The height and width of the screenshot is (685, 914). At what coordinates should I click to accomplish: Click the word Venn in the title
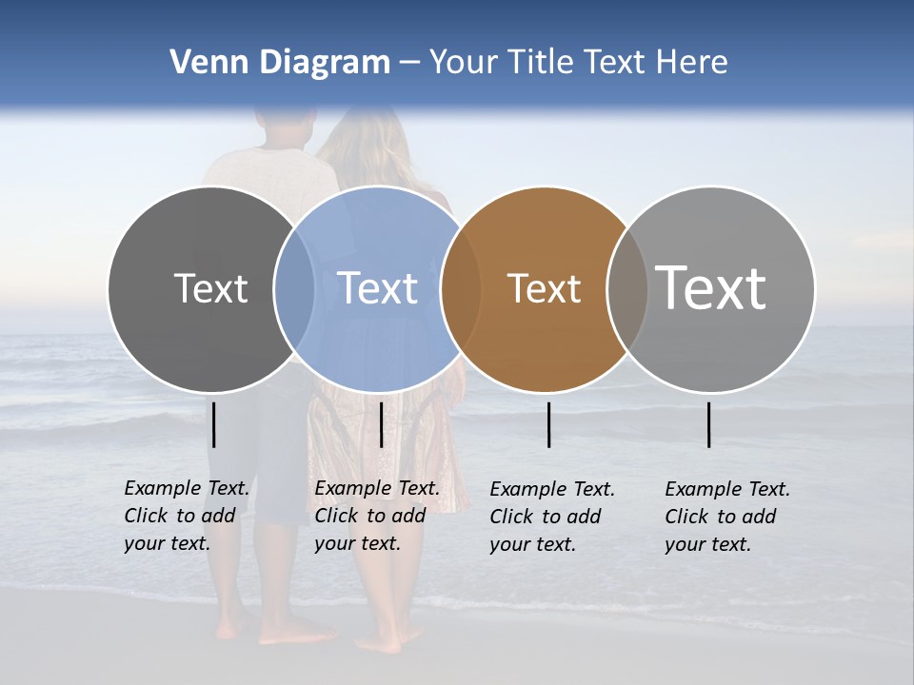tap(203, 63)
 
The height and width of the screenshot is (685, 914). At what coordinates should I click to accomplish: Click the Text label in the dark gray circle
tap(210, 288)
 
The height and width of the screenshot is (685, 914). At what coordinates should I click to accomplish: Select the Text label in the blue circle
tap(377, 288)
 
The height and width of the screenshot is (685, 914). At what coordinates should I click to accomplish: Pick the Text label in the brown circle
tap(544, 288)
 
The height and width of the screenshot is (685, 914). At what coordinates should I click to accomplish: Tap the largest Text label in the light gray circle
tap(711, 287)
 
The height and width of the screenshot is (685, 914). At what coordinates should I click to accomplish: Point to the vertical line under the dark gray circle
tap(214, 424)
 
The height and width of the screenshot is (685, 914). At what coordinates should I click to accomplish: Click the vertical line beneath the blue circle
tap(381, 424)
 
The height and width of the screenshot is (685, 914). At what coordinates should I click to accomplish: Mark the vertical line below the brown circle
tap(549, 424)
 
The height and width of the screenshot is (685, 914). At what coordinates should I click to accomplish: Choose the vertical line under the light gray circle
tap(709, 424)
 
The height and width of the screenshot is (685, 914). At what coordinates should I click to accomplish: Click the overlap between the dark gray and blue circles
tap(294, 289)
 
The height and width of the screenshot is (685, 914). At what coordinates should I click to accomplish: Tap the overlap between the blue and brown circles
tap(461, 289)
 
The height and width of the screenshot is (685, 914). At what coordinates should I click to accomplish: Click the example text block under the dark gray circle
tap(186, 516)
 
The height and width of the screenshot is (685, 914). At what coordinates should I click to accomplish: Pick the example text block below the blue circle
tap(376, 516)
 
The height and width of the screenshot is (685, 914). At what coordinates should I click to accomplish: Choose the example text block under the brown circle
tap(551, 517)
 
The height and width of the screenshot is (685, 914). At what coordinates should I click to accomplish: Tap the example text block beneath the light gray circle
tap(726, 517)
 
